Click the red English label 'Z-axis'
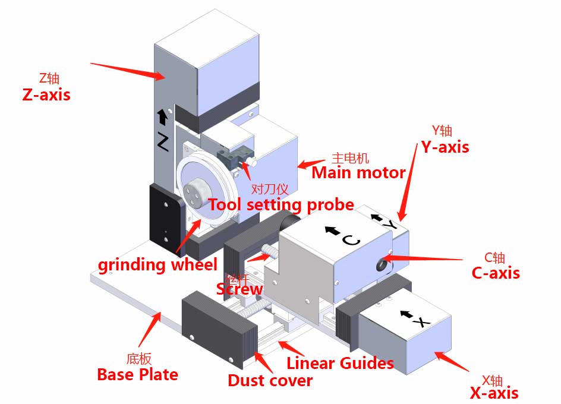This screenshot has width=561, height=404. pos(46,94)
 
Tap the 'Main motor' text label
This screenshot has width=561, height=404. pos(358,173)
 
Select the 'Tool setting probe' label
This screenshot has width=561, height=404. pos(280,205)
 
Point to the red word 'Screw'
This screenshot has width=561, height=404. pos(239,289)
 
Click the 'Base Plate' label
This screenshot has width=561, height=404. pos(137,374)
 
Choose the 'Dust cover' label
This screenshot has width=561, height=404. pos(270,380)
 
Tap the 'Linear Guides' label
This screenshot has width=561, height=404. pos(340,363)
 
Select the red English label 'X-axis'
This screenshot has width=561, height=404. pos(494,393)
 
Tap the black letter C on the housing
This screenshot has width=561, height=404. pos(351,240)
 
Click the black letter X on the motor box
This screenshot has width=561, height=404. pos(421,323)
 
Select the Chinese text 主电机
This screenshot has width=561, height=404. pos(350,158)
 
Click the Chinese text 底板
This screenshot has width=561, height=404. pos(139,359)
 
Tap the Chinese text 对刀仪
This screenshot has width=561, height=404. pos(270,190)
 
